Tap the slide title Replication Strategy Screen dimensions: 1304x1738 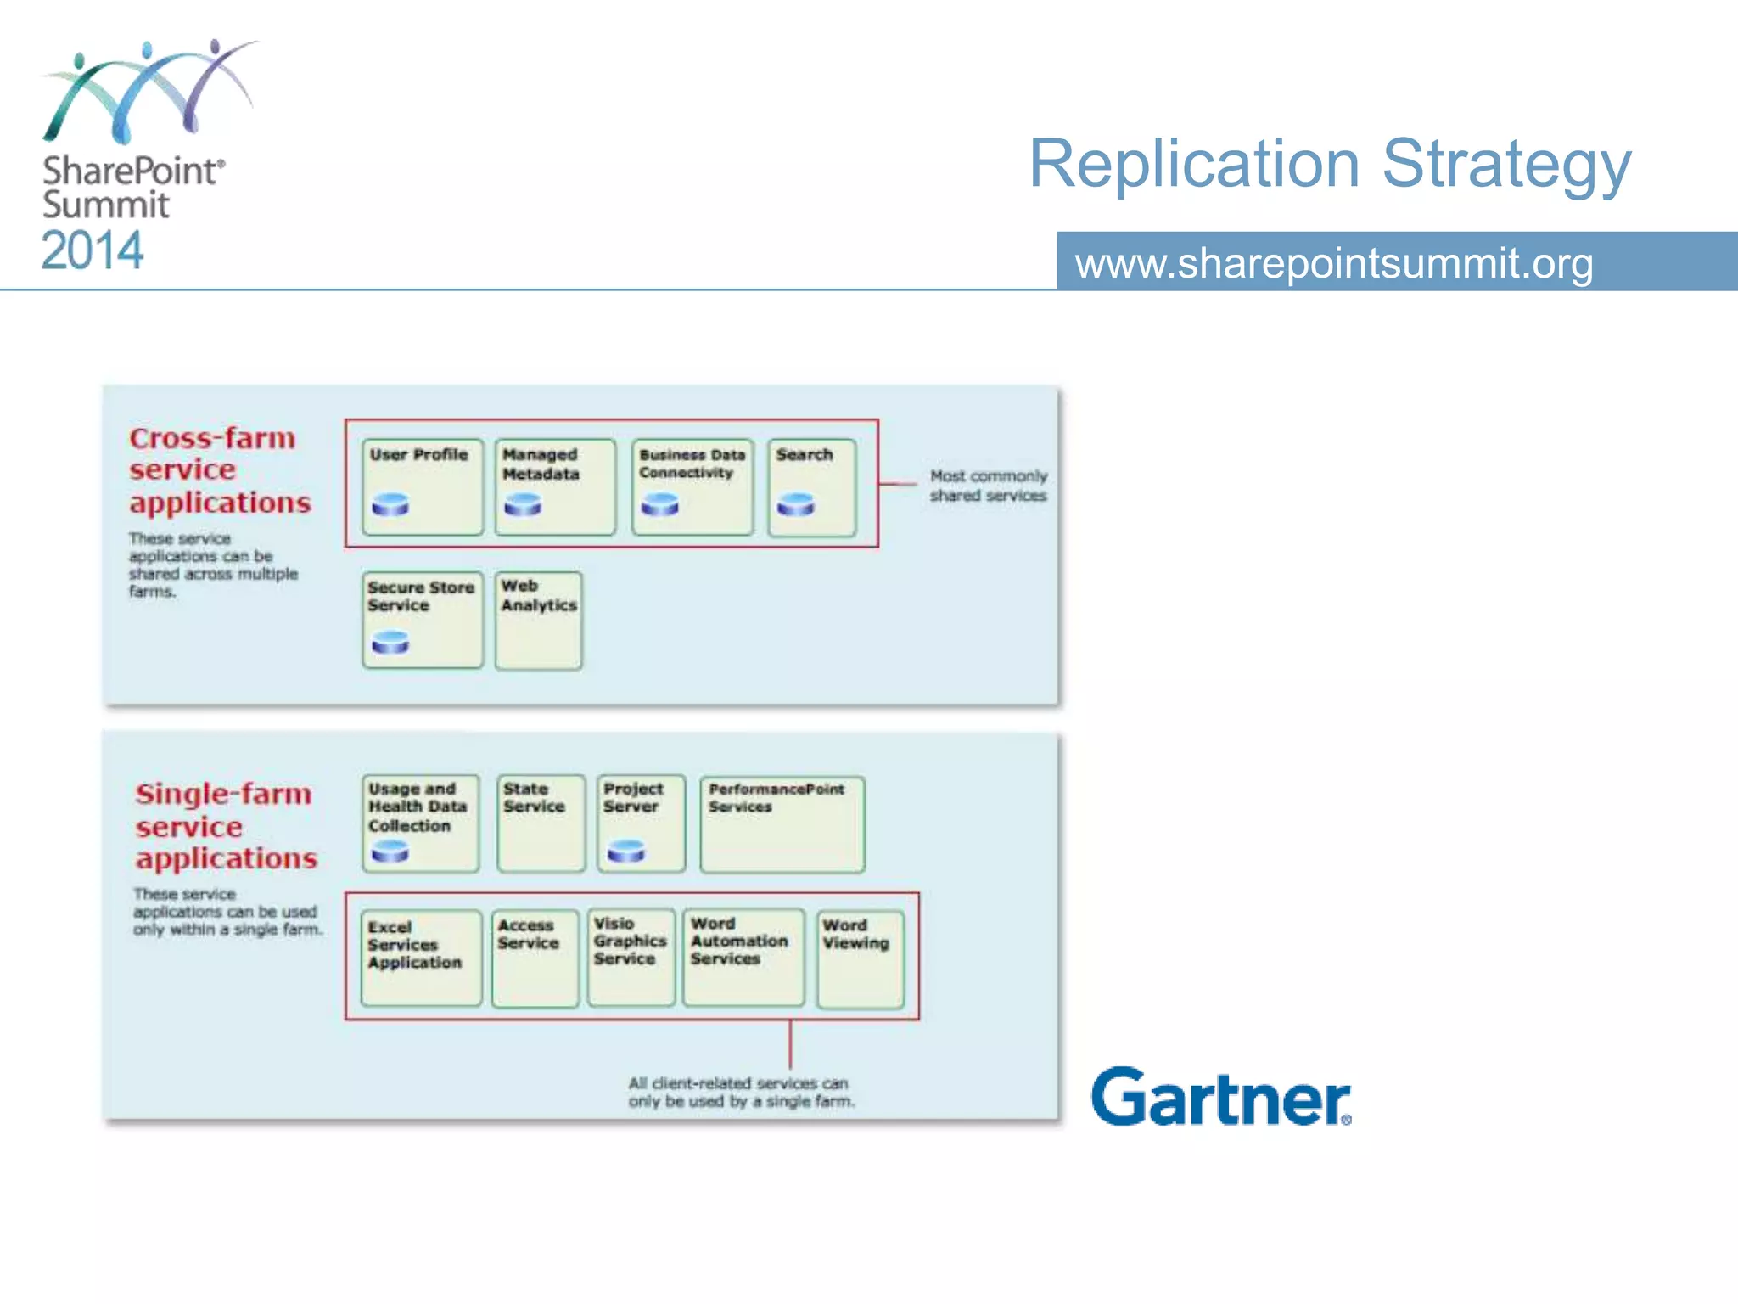pyautogui.click(x=1329, y=164)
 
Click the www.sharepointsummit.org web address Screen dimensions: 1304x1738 pyautogui.click(x=1333, y=263)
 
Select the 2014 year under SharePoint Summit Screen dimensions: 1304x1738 pyautogui.click(x=93, y=251)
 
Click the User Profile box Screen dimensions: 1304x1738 pyautogui.click(x=422, y=486)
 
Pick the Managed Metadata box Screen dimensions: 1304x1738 pyautogui.click(x=555, y=486)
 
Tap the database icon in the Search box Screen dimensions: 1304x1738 pyautogui.click(x=796, y=505)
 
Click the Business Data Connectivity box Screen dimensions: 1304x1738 pyautogui.click(x=692, y=486)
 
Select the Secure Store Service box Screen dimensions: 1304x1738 pyautogui.click(x=422, y=620)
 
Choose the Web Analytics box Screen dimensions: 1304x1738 pyautogui.click(x=539, y=621)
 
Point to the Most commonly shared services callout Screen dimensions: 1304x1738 pyautogui.click(x=988, y=486)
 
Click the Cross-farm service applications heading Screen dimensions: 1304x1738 pyautogui.click(x=220, y=470)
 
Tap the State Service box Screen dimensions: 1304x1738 pyautogui.click(x=541, y=823)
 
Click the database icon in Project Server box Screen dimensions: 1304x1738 pyautogui.click(x=626, y=851)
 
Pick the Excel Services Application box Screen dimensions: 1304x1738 pyautogui.click(x=421, y=958)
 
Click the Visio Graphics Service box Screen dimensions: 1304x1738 pyautogui.click(x=631, y=958)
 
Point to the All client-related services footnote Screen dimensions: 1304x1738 pyautogui.click(x=740, y=1093)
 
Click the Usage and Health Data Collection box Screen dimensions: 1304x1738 pyautogui.click(x=420, y=823)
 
